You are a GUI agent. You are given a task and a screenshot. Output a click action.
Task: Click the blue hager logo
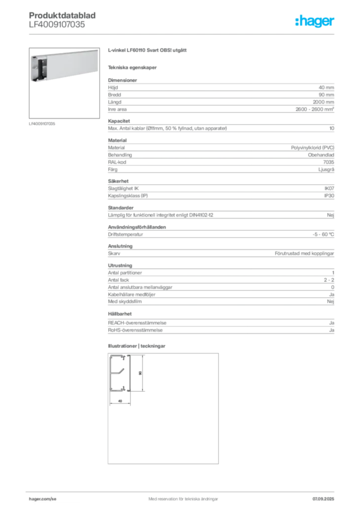tap(316, 22)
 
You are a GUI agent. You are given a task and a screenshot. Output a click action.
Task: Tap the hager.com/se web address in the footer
tap(45, 498)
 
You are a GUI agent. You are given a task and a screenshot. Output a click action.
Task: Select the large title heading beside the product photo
tap(149, 52)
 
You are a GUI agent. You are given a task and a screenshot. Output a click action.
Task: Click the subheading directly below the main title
tap(133, 67)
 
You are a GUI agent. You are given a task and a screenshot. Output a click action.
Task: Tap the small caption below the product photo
tap(42, 123)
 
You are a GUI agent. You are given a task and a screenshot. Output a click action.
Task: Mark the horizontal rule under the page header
tap(183, 34)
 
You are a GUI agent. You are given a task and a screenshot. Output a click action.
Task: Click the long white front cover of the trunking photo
tap(70, 65)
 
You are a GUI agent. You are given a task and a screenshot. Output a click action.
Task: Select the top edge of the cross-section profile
tap(120, 356)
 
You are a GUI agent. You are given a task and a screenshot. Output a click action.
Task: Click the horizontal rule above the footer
tap(183, 489)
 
